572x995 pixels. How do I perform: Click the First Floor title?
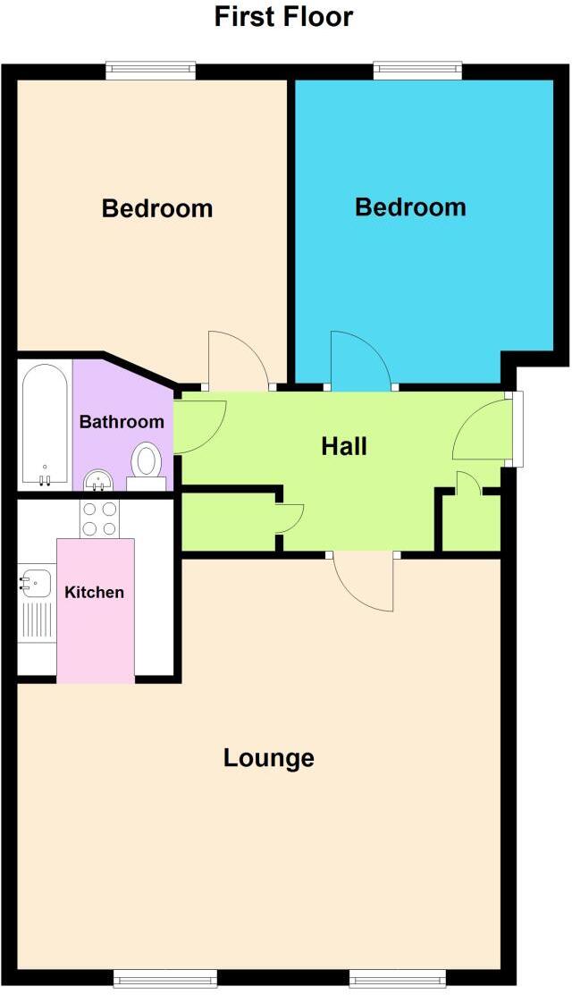pos(283,16)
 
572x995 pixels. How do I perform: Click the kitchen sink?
pos(34,583)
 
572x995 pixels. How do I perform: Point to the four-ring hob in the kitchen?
pos(100,518)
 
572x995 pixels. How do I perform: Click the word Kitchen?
pos(94,592)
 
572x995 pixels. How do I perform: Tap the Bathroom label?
pos(122,422)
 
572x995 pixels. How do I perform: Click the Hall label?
pos(344,446)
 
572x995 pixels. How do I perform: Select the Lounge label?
pos(268,758)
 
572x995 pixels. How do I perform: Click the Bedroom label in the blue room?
pos(410,207)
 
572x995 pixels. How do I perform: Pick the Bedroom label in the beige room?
pos(157,208)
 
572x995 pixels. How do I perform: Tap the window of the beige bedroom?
pos(150,70)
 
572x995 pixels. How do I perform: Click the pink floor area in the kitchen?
pos(96,644)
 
